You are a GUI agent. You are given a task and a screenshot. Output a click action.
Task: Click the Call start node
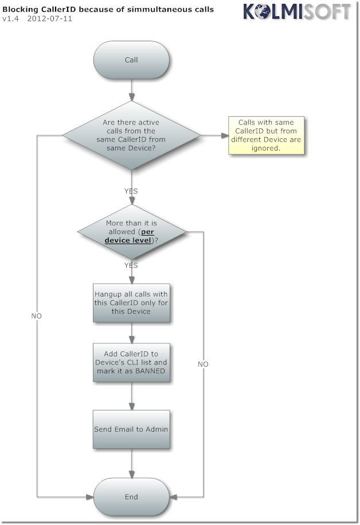(131, 60)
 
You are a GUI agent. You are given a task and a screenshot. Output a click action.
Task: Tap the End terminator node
(131, 497)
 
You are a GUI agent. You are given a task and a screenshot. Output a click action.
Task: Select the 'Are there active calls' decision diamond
(131, 135)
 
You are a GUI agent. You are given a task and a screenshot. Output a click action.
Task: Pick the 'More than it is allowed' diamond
(131, 232)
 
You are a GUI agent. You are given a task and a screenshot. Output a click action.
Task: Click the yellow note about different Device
(265, 135)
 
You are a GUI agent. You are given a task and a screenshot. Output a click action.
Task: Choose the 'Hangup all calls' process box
(131, 303)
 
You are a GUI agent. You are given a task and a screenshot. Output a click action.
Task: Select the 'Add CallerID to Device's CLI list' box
(131, 362)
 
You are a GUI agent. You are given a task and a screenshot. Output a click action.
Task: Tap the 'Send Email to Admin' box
(131, 429)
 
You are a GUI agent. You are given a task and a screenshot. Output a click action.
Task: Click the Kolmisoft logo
(296, 11)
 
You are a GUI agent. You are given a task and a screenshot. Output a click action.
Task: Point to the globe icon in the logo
(264, 11)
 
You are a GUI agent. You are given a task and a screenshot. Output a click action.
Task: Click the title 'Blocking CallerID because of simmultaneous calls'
(108, 9)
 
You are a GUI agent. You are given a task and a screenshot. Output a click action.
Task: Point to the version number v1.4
(10, 18)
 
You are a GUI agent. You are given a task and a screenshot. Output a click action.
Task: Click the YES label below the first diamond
(131, 190)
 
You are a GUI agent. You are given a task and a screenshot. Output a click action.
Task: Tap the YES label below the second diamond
(131, 265)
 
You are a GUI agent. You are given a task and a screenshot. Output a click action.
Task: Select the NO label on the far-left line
(36, 316)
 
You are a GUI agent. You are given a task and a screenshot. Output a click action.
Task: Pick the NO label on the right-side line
(203, 364)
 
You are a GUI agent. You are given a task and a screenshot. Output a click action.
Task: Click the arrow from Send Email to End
(132, 463)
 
